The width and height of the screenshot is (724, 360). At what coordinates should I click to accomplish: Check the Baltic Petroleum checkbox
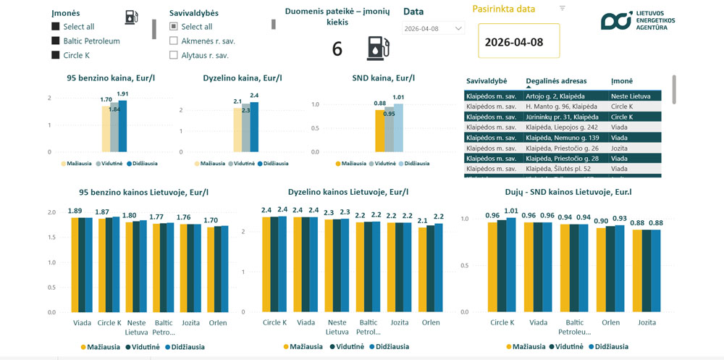(x=56, y=41)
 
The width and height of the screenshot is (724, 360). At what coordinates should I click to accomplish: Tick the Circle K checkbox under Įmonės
(x=56, y=55)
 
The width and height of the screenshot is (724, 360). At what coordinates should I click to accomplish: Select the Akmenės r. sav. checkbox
(x=174, y=41)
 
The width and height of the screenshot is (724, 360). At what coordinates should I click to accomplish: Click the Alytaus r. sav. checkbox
(x=174, y=55)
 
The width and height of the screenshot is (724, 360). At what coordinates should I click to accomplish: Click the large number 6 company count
(x=337, y=49)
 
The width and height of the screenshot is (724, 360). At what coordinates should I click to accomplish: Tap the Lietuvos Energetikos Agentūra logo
(x=638, y=21)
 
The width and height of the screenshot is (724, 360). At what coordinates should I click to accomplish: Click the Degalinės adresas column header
(x=556, y=81)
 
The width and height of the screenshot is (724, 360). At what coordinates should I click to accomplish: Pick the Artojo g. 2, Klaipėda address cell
(x=555, y=96)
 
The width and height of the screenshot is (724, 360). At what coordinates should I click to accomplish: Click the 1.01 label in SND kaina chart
(x=398, y=98)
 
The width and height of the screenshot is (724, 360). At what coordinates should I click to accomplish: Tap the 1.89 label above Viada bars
(x=75, y=212)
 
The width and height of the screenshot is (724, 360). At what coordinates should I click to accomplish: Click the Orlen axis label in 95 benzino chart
(x=217, y=323)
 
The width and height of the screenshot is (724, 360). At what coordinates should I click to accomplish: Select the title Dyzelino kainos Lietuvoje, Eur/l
(x=348, y=193)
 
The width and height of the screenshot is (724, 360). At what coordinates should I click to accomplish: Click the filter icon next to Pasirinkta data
(x=563, y=8)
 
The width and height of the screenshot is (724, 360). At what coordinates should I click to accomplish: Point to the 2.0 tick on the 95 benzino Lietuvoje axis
(x=51, y=213)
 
